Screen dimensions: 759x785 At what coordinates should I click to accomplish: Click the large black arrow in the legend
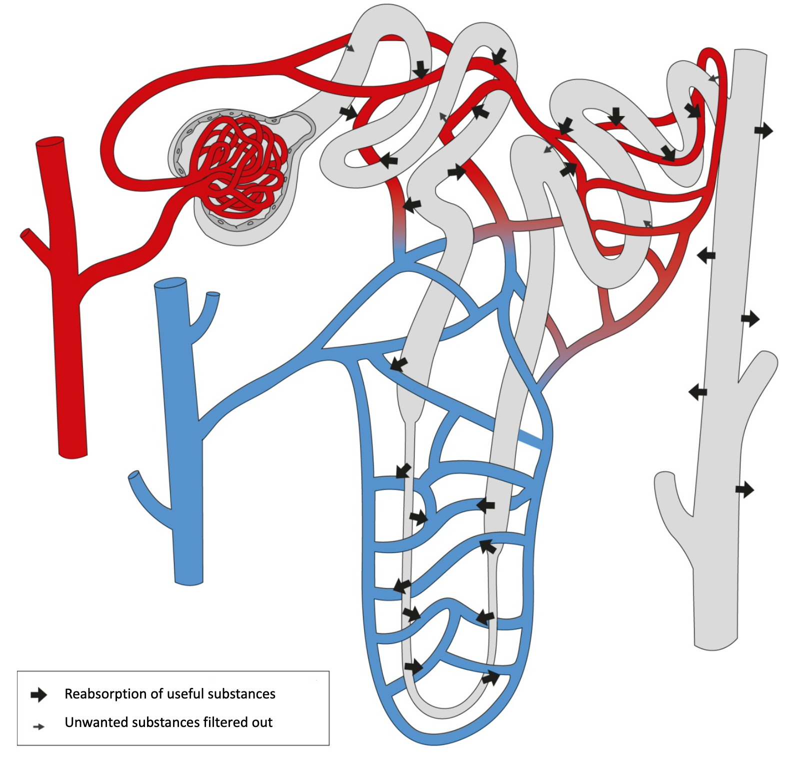[x=38, y=694]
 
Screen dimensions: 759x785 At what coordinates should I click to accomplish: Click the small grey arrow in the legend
[x=38, y=726]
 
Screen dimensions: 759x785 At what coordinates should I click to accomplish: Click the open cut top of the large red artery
[x=50, y=141]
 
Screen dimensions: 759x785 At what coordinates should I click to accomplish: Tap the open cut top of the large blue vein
[x=170, y=284]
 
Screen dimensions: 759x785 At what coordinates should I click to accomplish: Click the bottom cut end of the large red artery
[x=73, y=454]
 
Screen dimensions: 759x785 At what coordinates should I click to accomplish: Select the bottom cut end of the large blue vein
[x=188, y=581]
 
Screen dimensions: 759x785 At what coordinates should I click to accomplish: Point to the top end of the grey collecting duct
[x=750, y=53]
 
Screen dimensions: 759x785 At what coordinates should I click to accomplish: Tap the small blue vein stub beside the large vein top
[x=213, y=294]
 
